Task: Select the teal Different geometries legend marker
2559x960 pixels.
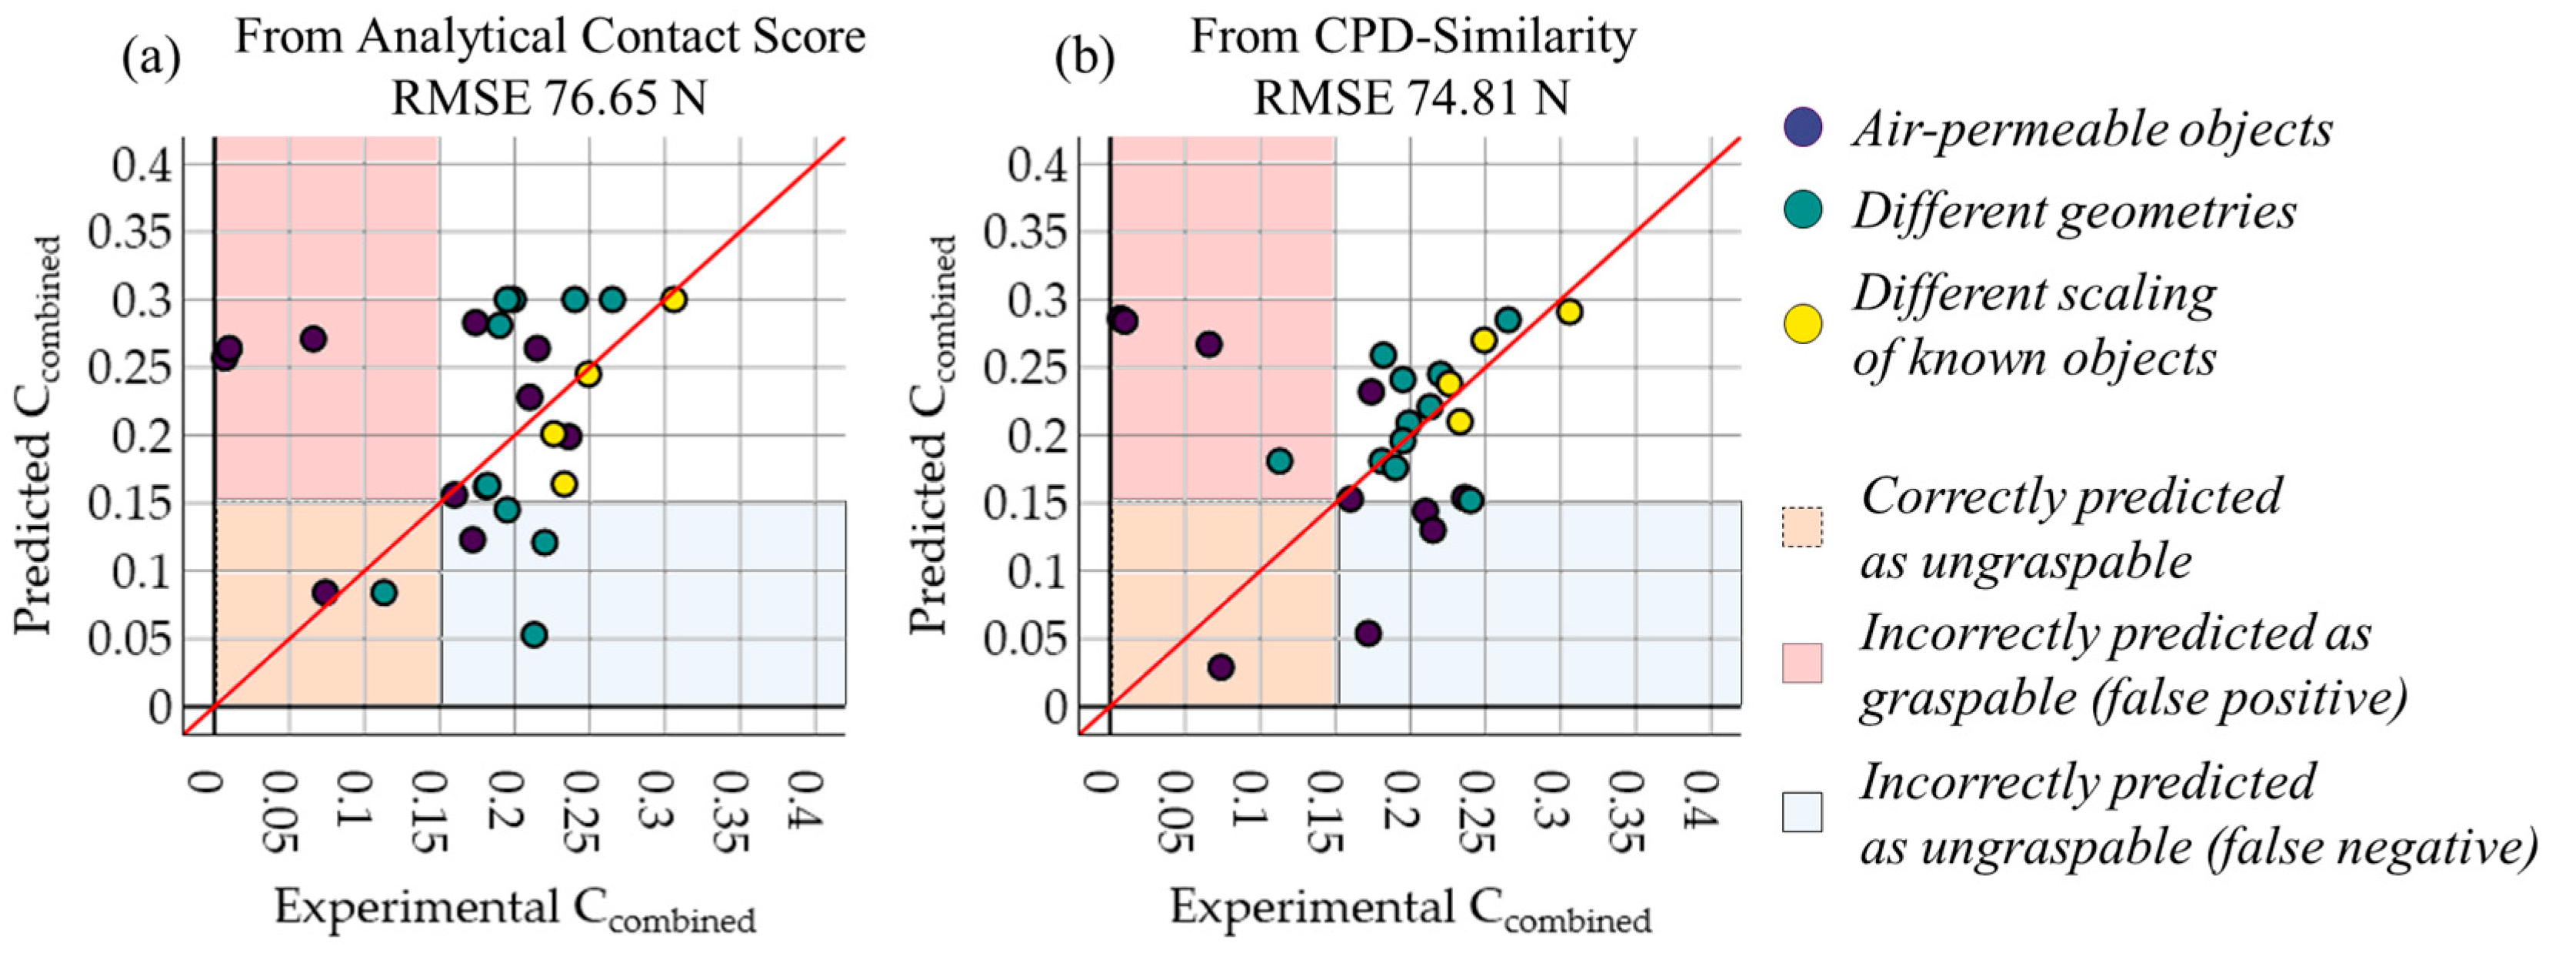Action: pos(1803,209)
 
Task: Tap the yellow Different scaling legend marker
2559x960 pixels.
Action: pos(1803,324)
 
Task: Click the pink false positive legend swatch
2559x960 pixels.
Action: pos(1802,663)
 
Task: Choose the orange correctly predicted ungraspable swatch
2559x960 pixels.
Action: pos(1802,527)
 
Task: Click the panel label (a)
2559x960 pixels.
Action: pos(151,58)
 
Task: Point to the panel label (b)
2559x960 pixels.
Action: pos(1084,58)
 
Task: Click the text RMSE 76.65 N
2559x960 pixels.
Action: pos(548,99)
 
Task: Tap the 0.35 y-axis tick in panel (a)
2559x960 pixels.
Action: pos(130,232)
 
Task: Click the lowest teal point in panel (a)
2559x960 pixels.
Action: pos(534,634)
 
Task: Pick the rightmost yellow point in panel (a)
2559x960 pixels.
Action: pos(674,299)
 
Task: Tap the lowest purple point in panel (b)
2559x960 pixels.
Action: pos(1221,667)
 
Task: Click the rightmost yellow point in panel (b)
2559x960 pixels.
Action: pos(1568,312)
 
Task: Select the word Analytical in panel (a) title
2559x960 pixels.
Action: pos(463,38)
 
